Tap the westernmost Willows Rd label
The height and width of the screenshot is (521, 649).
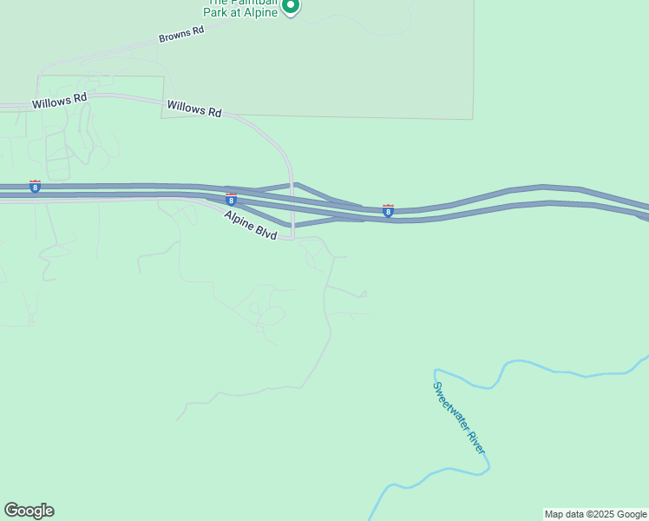click(x=60, y=102)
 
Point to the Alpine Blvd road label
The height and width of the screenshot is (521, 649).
click(x=250, y=226)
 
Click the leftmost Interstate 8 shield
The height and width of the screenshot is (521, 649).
click(x=35, y=187)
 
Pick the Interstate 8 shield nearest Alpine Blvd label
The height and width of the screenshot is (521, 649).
click(x=231, y=200)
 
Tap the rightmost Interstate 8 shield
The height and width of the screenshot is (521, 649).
click(x=388, y=210)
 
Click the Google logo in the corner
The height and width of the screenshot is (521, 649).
click(x=29, y=511)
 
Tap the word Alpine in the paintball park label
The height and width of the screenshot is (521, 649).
click(x=260, y=12)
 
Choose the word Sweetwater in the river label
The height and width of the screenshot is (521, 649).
click(x=450, y=405)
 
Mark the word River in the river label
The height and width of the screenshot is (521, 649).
click(x=475, y=443)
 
